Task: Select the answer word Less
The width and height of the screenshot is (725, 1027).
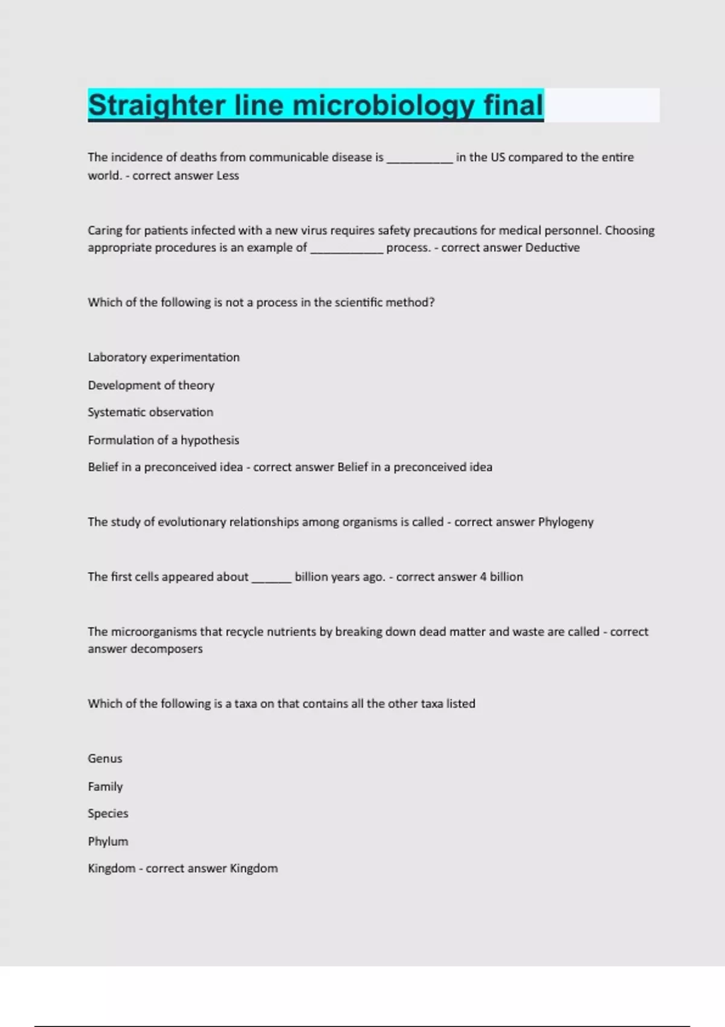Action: (x=228, y=176)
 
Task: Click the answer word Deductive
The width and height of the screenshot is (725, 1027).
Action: (x=552, y=248)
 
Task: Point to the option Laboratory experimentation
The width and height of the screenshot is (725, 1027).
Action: (x=164, y=358)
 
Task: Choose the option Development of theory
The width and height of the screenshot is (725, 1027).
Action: (x=151, y=385)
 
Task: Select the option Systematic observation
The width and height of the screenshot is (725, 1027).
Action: (x=150, y=413)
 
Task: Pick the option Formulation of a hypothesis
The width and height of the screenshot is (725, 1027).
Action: (x=163, y=440)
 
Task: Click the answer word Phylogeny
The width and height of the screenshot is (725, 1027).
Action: (x=565, y=522)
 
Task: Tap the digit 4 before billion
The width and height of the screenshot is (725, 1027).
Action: (x=483, y=577)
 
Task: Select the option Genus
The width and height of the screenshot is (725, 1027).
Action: (x=105, y=759)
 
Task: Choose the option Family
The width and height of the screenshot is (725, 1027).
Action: (x=105, y=787)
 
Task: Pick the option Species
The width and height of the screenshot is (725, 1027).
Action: (x=108, y=814)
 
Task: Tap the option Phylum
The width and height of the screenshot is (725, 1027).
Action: (x=108, y=842)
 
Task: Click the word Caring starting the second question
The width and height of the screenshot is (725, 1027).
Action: (x=105, y=231)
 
